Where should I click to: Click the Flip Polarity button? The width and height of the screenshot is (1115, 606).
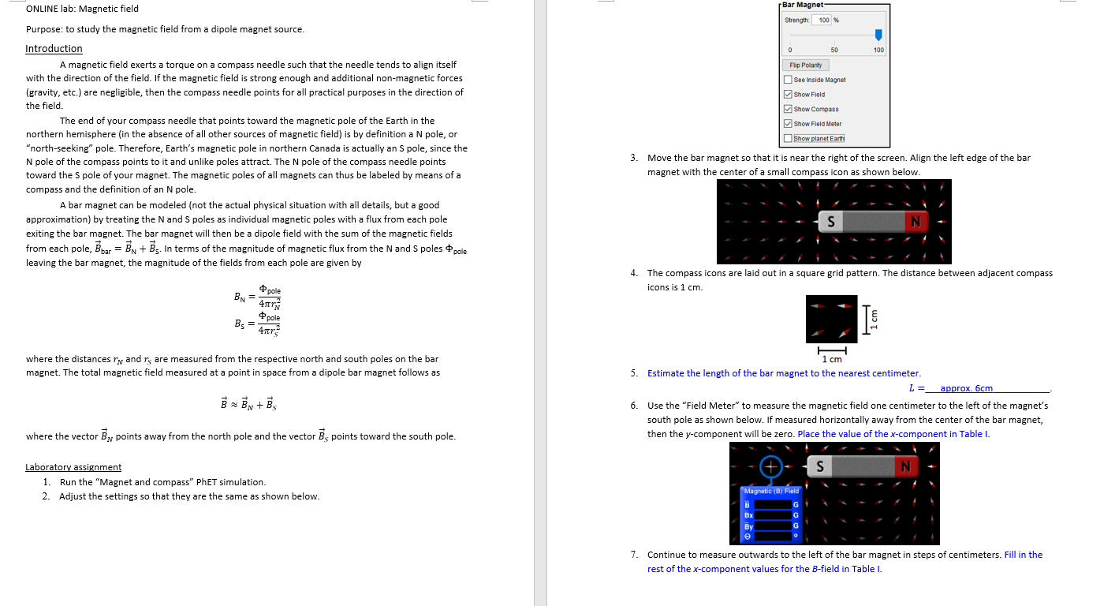(x=805, y=65)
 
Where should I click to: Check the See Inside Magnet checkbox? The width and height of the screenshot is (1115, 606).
(x=789, y=80)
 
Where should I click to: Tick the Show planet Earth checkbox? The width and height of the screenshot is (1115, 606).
(x=789, y=139)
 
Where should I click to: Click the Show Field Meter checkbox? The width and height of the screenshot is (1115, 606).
(x=789, y=124)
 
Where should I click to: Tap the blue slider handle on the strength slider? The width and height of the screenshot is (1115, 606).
(x=878, y=35)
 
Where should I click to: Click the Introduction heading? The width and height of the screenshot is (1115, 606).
(x=54, y=49)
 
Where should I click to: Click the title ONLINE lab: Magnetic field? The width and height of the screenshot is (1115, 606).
(x=82, y=9)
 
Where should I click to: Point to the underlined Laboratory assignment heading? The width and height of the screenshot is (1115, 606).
(x=73, y=467)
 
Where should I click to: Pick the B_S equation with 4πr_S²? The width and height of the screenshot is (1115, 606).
(x=257, y=324)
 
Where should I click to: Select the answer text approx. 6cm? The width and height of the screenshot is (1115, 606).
(x=966, y=388)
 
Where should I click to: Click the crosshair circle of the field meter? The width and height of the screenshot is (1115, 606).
(x=772, y=466)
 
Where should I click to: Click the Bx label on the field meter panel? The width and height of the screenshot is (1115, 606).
(x=748, y=514)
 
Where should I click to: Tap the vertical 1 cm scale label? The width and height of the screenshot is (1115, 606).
(x=873, y=317)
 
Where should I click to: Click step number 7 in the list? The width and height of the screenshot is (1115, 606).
(x=635, y=555)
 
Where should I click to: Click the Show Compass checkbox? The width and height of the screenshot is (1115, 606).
(x=789, y=109)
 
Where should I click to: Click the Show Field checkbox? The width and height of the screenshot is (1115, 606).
(x=789, y=95)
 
